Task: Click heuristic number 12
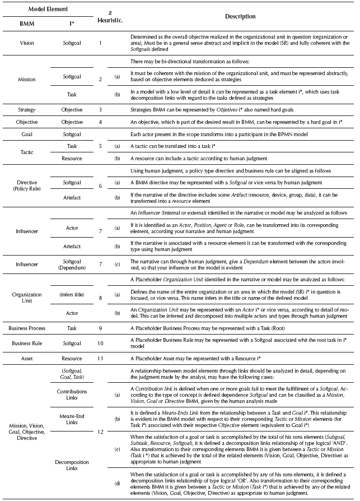[100, 432]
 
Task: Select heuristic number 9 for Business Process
[100, 327]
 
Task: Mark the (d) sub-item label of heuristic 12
[116, 483]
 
